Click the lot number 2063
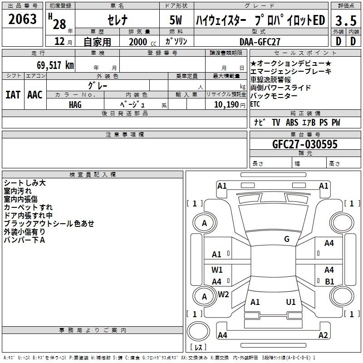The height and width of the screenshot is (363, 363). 22,19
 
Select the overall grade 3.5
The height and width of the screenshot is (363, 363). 346,20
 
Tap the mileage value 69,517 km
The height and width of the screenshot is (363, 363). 55,65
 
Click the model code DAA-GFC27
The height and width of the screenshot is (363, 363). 260,42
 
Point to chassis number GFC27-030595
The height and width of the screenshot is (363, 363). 305,144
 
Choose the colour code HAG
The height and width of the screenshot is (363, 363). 75,105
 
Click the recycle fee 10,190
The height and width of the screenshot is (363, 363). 226,105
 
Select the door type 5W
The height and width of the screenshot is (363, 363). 176,20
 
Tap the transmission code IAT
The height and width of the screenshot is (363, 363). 13,95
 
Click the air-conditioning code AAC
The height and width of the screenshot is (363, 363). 35,95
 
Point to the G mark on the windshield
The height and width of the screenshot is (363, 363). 287,239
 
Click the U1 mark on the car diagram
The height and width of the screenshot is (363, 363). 291,302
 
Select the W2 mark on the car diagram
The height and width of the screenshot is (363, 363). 223,294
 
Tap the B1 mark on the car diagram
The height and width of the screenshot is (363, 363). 329,281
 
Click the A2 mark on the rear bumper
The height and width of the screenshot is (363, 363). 323,335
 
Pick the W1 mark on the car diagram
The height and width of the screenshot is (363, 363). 217,270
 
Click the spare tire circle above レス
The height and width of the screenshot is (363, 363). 198,331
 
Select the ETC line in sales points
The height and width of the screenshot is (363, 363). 255,104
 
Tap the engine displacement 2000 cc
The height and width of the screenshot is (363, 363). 142,42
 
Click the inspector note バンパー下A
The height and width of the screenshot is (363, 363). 25,240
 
